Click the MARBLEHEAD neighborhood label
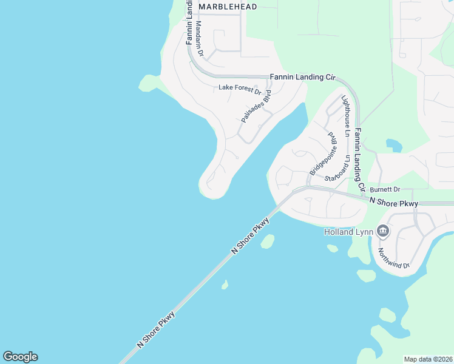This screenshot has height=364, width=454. click(x=228, y=7)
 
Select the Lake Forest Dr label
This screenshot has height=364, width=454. click(x=239, y=88)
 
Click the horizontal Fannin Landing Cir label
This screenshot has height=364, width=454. click(x=302, y=77)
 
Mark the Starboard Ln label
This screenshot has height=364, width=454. click(x=337, y=169)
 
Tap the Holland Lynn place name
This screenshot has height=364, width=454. click(x=348, y=231)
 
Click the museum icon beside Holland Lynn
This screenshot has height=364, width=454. click(x=383, y=231)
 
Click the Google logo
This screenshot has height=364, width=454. click(x=20, y=357)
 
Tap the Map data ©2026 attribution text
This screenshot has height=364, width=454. click(x=429, y=359)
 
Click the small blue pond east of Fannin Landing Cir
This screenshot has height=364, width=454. click(x=395, y=145)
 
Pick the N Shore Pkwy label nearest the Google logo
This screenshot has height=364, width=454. click(x=157, y=329)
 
